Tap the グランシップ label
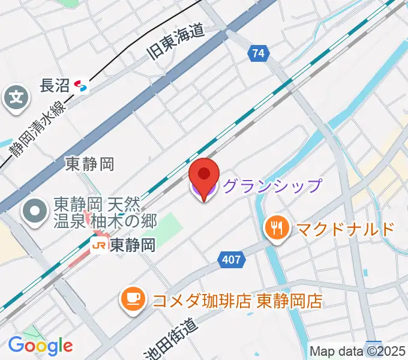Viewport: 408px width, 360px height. [x=272, y=186]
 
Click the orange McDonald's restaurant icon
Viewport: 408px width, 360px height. [x=277, y=229]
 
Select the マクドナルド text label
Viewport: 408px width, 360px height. [x=344, y=229]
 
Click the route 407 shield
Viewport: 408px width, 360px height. [x=231, y=260]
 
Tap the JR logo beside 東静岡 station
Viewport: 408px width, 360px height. [x=99, y=245]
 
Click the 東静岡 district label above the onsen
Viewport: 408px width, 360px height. [x=89, y=164]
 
